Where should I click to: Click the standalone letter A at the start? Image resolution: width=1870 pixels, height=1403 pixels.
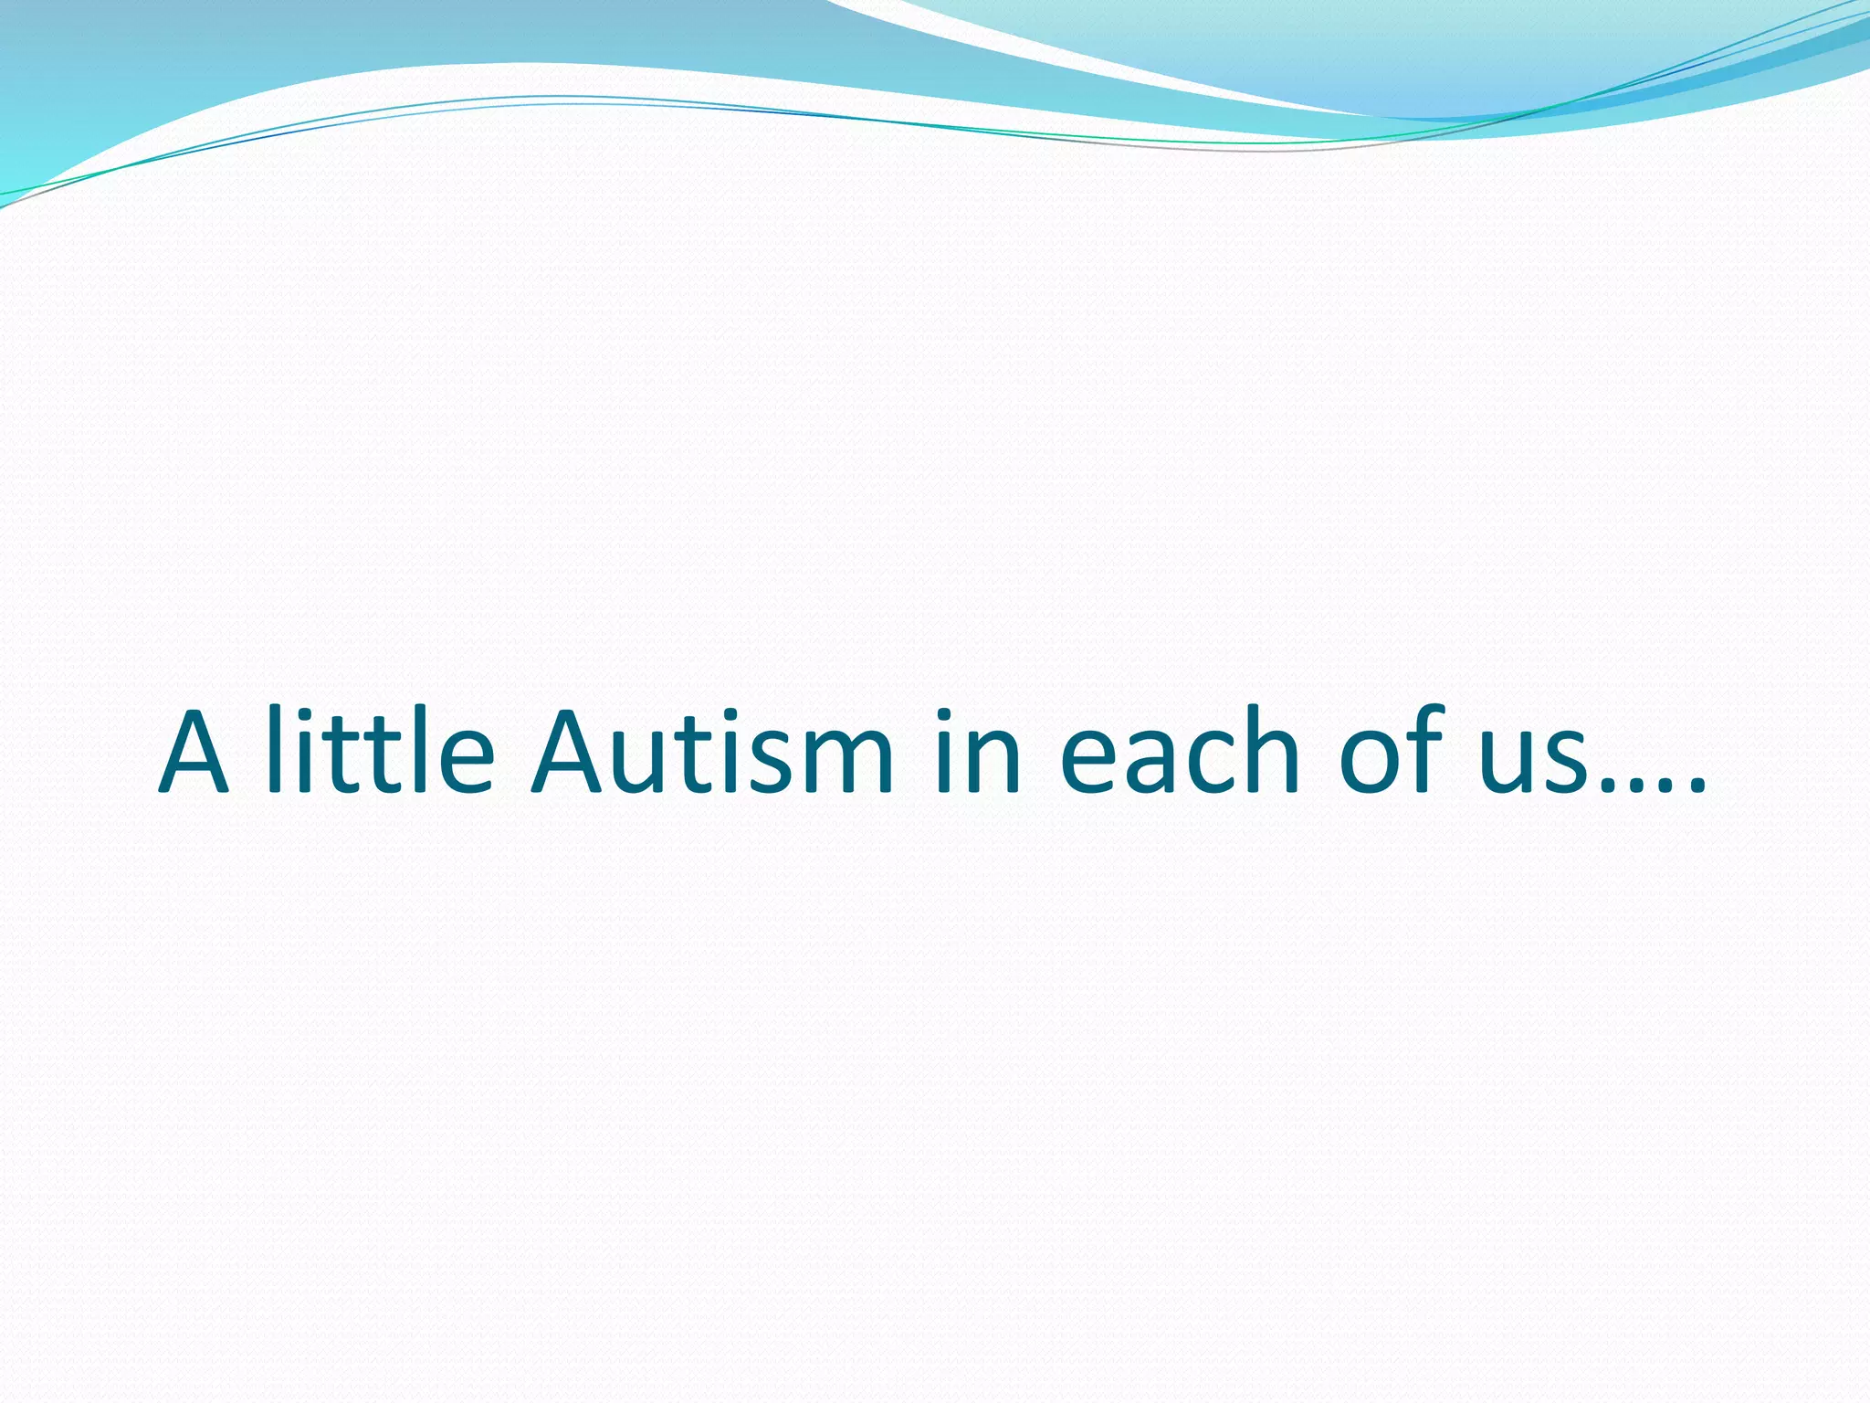coord(194,753)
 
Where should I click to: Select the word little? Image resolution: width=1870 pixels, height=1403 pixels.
coord(381,751)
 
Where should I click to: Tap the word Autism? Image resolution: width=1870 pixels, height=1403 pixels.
coord(712,753)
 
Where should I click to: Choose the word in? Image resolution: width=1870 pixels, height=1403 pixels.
coord(978,753)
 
